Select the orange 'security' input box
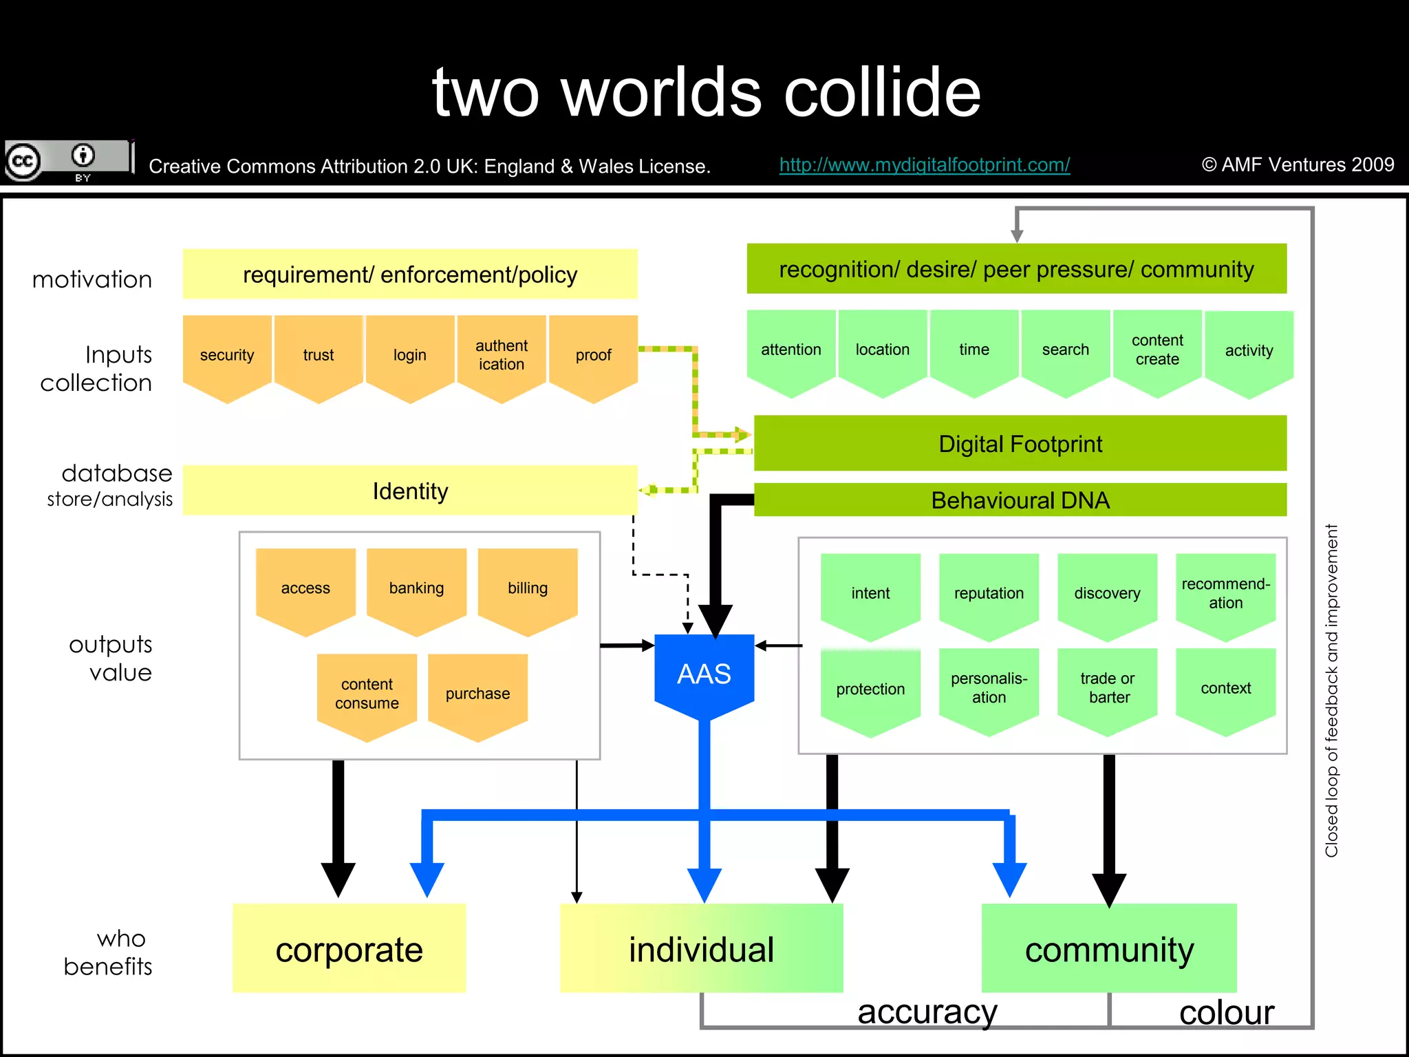coord(227,355)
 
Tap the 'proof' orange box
coord(593,355)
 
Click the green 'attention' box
coord(791,350)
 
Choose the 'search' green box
coord(1065,350)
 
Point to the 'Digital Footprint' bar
coord(1020,444)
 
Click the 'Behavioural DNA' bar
coord(1020,500)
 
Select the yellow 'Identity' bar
coord(410,491)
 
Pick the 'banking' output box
coord(416,588)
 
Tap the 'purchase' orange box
coord(477,694)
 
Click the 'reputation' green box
coord(989,593)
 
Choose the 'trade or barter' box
coord(1107,688)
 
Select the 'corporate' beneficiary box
coord(349,949)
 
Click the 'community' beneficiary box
coord(1109,949)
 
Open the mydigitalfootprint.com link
coord(924,165)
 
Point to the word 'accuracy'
coord(927,1012)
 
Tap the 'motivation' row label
coord(92,279)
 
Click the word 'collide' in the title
coord(882,92)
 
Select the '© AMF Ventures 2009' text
coord(1298,164)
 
